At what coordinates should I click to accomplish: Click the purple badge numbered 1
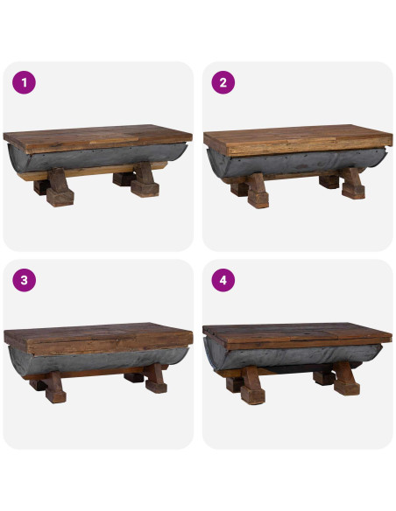[x=24, y=83]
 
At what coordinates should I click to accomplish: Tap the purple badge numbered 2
[x=223, y=83]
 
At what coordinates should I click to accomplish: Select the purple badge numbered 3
[x=24, y=281]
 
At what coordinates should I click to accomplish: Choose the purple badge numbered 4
[x=223, y=281]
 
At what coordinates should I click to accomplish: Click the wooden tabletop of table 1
[x=96, y=139]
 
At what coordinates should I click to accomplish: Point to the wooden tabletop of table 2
[x=296, y=138]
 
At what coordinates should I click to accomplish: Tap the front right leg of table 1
[x=144, y=185]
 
